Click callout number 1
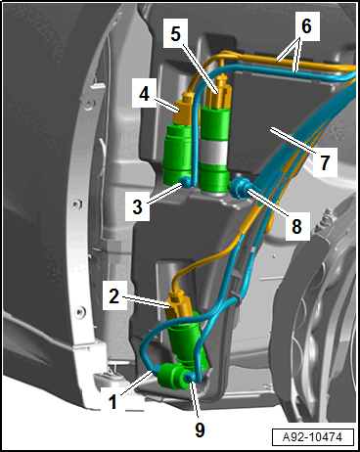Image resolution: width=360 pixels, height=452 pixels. (x=112, y=401)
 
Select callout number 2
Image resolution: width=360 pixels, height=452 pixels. (x=113, y=296)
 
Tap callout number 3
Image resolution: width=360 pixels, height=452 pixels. (x=138, y=206)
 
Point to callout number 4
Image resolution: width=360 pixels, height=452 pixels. (x=144, y=94)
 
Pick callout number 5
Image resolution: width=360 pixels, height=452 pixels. (x=176, y=33)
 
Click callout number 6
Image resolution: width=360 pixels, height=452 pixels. (x=306, y=26)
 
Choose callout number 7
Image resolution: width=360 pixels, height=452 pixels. (x=325, y=162)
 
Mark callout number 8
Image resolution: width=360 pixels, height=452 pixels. (x=296, y=226)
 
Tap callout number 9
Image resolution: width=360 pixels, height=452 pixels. (x=200, y=429)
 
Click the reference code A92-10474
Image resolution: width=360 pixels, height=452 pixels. (x=312, y=436)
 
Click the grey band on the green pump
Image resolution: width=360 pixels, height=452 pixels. (x=214, y=151)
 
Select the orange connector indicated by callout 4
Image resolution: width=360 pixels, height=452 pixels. (x=183, y=109)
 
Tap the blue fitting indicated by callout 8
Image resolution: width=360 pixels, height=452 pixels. (x=240, y=189)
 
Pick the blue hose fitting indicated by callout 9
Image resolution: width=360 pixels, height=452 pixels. (x=190, y=378)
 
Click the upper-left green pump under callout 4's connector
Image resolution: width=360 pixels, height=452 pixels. (x=177, y=154)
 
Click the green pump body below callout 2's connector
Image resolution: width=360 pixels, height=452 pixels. (x=187, y=339)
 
